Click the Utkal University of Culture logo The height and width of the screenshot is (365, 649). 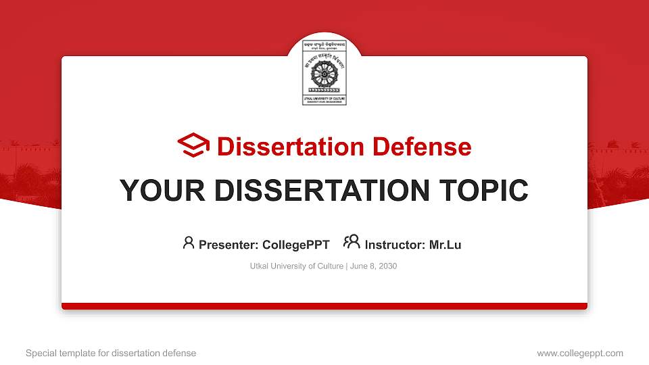click(x=324, y=71)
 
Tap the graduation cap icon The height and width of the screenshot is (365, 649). click(x=194, y=145)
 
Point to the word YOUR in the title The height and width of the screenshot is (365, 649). click(x=159, y=191)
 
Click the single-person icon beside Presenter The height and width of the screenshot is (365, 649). click(x=189, y=242)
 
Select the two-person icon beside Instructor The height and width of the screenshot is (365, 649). click(x=351, y=241)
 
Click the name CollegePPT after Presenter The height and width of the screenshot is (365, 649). click(x=296, y=245)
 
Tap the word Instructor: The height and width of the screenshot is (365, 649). click(x=395, y=245)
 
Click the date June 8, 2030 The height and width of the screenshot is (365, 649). click(x=374, y=266)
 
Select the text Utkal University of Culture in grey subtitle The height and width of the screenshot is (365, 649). click(x=297, y=266)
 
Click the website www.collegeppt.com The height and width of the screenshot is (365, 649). click(x=579, y=353)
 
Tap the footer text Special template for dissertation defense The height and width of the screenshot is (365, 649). click(x=111, y=353)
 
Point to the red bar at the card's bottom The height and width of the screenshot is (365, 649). click(x=324, y=306)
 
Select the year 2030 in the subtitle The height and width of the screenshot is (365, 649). click(x=387, y=266)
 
